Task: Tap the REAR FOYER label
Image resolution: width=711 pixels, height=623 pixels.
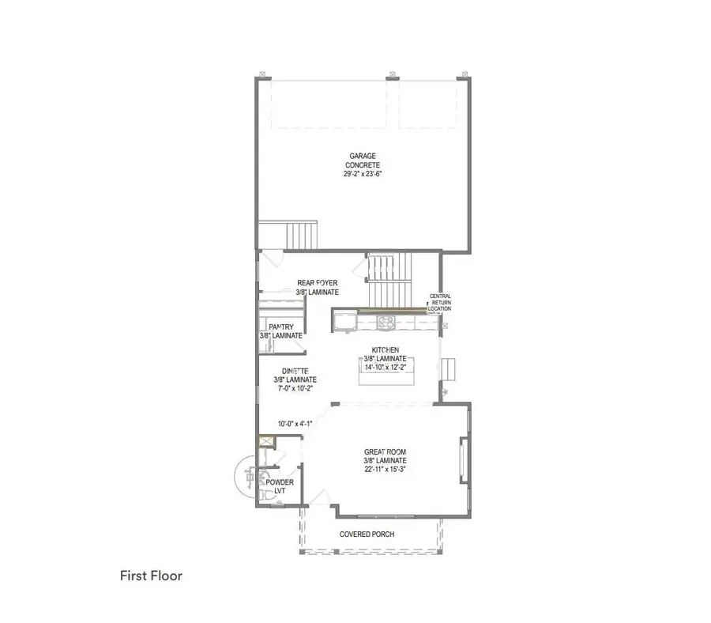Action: (x=318, y=282)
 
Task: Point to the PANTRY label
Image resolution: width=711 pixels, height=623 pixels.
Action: (x=281, y=327)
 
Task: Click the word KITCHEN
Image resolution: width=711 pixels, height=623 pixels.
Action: (x=386, y=349)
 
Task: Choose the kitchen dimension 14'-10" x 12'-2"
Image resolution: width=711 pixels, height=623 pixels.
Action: (x=386, y=367)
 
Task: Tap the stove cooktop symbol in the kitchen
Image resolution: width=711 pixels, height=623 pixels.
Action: (x=387, y=321)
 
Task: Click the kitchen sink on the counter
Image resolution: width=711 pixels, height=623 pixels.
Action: (x=344, y=320)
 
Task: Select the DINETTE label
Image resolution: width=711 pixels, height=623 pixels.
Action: (x=296, y=371)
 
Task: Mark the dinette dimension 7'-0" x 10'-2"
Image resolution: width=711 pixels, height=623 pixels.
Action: (x=296, y=388)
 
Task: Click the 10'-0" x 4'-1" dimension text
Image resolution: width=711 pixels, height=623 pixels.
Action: (x=295, y=423)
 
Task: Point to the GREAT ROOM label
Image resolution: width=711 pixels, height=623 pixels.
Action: (x=386, y=451)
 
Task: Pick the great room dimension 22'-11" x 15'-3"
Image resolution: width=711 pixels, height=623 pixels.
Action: (x=386, y=469)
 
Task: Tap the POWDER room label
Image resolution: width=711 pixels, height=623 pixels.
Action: (x=280, y=482)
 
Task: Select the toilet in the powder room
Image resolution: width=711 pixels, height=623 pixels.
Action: (x=261, y=494)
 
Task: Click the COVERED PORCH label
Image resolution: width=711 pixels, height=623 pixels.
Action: (x=367, y=534)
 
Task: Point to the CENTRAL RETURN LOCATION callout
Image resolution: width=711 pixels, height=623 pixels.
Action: (x=440, y=302)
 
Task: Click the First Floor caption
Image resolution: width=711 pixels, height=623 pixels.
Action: (x=151, y=576)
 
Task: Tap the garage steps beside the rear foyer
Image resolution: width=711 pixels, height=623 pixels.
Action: (x=301, y=235)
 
